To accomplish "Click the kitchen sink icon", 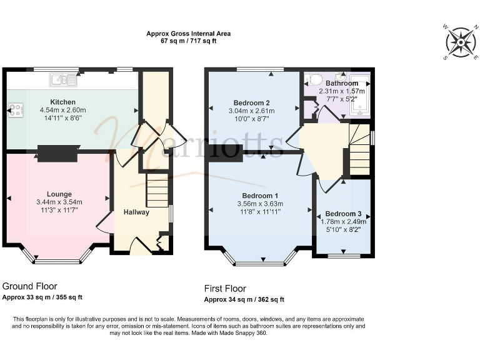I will pos(64,79).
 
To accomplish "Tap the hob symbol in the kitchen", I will pos(14,110).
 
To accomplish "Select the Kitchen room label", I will pos(62,102).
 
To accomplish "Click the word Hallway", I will pos(136,212).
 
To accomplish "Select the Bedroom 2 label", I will pos(251,102).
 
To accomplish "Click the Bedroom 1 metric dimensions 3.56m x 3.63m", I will pos(260,204).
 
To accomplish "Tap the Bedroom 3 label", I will pos(343,213).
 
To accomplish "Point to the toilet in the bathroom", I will pos(315,80).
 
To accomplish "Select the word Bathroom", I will pos(341,83).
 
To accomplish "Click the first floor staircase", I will pos(359,150).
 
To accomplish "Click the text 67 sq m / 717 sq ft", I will pos(188,41).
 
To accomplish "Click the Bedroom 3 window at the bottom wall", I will pos(345,256).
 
